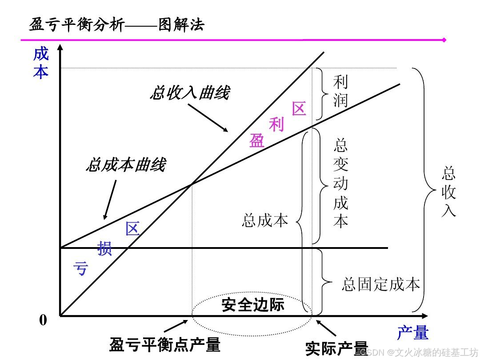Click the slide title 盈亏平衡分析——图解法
116,24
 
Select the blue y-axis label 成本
41,63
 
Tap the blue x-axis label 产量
412,332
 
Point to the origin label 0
43,320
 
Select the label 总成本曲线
126,165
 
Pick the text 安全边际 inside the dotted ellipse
252,305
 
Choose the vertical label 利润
340,91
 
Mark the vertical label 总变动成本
340,183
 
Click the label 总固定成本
380,284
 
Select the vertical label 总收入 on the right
448,192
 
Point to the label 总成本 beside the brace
265,220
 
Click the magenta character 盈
256,140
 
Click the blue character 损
104,248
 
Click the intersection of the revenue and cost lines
192,184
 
